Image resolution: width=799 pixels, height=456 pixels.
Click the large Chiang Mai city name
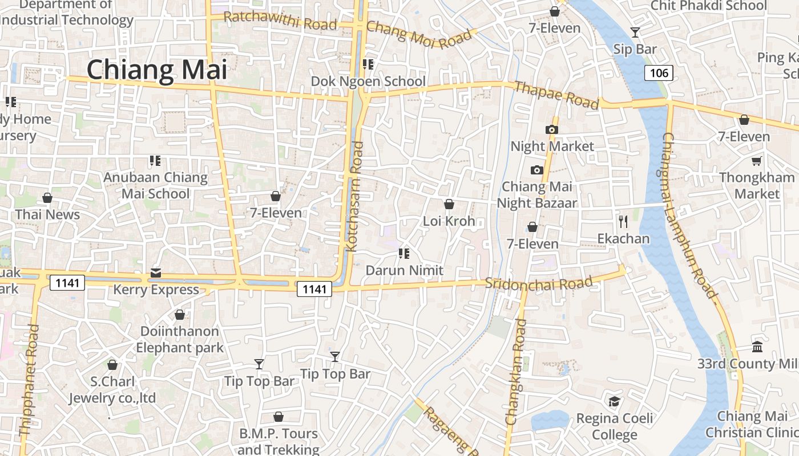coord(157,70)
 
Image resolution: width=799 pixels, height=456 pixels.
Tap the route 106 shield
coord(659,72)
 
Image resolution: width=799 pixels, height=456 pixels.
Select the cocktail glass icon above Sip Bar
coord(635,32)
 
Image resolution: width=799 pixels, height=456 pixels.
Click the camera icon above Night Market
coord(551,129)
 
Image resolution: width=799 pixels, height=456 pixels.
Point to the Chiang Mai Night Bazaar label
coord(536,194)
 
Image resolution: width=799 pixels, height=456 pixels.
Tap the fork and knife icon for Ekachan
coord(623,221)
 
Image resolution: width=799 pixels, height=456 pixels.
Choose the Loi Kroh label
coord(449,221)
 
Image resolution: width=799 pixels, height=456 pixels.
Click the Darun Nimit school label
coord(404,270)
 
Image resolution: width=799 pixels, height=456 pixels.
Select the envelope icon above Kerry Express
coord(155,273)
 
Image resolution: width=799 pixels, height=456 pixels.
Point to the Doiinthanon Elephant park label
coord(180,339)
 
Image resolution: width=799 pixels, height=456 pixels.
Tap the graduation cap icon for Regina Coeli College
coord(614,402)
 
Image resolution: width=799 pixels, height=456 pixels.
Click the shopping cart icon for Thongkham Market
coord(757,161)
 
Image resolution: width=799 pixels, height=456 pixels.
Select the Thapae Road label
coord(556,95)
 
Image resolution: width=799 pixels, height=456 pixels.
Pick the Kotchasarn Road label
coord(355,197)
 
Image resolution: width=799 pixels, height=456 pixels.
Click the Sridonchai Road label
coord(538,283)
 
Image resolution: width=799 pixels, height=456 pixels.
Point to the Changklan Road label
coord(515,372)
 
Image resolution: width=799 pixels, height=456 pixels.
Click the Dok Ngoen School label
coord(368,82)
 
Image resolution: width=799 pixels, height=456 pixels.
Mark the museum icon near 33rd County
coord(757,347)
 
